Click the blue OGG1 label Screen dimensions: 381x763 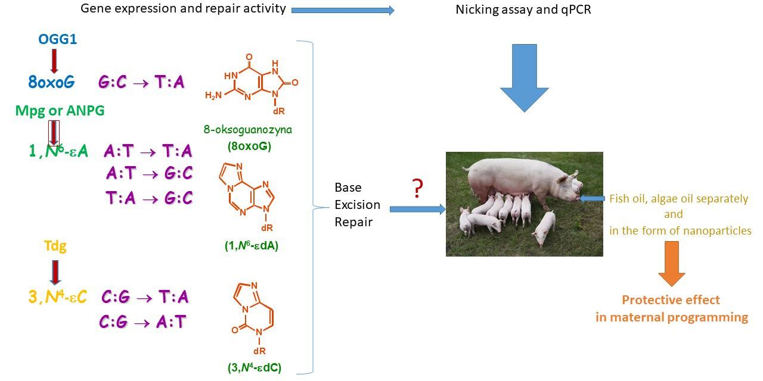58,40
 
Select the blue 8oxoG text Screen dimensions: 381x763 52,82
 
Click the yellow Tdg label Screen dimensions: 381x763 55,246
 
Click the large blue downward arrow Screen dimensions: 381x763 524,77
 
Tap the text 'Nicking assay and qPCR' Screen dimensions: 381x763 523,10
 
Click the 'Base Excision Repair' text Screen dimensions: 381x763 357,204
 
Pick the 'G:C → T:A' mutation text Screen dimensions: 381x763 141,83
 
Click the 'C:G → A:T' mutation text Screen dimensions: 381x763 143,322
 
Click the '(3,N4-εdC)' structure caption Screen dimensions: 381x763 255,368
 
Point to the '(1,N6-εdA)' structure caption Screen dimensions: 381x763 249,246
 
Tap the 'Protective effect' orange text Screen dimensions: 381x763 671,300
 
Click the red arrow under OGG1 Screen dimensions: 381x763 54,61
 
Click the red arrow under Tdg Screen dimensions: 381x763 55,271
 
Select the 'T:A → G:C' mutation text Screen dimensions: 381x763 149,198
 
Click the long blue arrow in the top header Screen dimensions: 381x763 343,10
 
